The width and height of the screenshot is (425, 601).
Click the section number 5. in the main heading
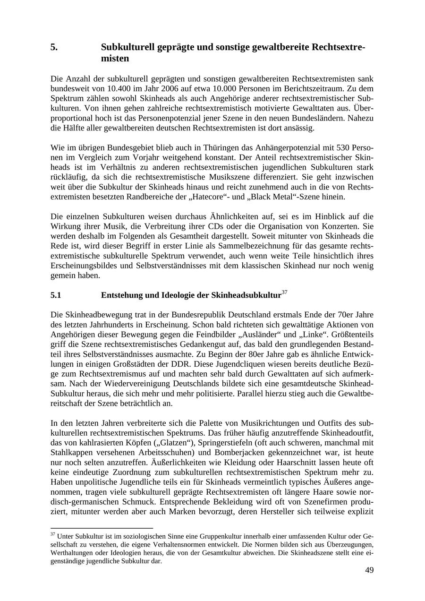(54, 48)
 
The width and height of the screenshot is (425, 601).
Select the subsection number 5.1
(56, 295)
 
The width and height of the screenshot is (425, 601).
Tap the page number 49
(369, 570)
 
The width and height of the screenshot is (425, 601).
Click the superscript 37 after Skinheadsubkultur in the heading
(284, 292)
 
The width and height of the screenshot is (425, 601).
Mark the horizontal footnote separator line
(102, 528)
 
